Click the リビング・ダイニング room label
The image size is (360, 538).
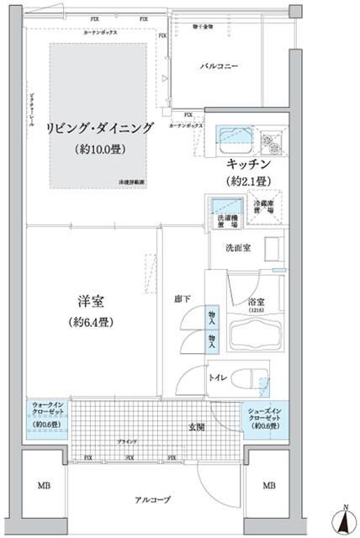(102, 128)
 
